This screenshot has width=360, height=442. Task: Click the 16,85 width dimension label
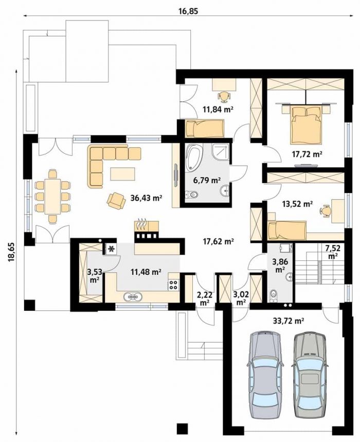(x=188, y=11)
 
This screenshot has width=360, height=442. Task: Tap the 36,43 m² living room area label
(x=146, y=198)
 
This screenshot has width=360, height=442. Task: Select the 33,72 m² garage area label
(x=288, y=320)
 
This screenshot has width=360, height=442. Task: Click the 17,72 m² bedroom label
(x=306, y=154)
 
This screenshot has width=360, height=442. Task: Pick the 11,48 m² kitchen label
(x=146, y=272)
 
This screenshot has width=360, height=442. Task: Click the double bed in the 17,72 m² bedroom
(x=305, y=124)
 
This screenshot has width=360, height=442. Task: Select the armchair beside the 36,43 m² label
(x=116, y=201)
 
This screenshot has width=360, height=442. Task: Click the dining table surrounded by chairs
(x=52, y=196)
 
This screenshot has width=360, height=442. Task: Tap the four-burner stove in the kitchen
(x=173, y=285)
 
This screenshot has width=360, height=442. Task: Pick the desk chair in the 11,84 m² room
(x=224, y=96)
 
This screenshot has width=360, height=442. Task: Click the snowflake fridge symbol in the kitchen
(x=112, y=249)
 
